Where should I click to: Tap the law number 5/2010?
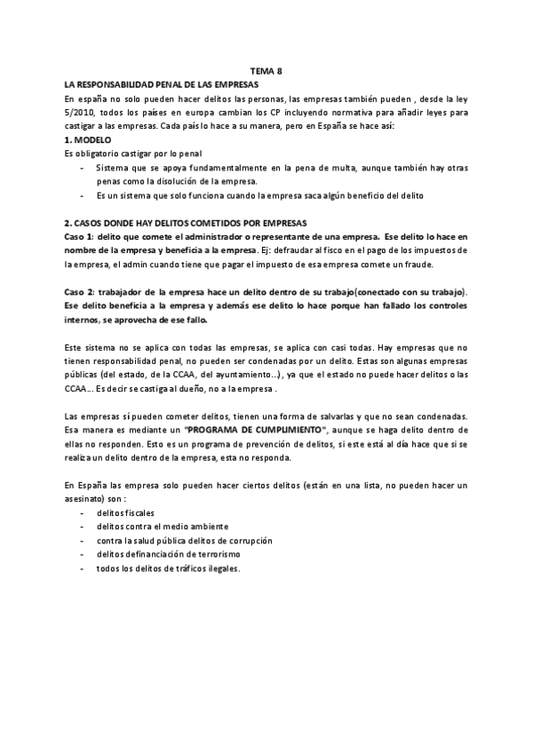click(82, 112)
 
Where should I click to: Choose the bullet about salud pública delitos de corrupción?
click(184, 540)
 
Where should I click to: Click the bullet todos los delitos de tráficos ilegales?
click(168, 568)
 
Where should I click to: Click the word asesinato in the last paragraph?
click(88, 499)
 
